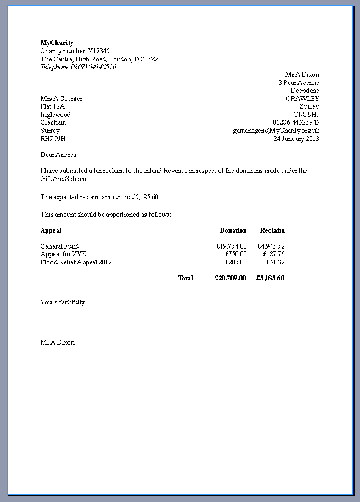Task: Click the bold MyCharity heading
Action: click(57, 43)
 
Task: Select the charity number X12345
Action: click(99, 51)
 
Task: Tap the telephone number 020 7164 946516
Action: click(93, 67)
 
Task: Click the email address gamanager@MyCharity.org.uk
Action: click(275, 131)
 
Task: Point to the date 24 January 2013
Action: click(296, 139)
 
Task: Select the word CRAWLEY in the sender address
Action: click(302, 99)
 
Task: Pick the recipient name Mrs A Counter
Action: click(61, 99)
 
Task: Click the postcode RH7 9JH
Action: click(53, 139)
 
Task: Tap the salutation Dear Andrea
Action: click(58, 155)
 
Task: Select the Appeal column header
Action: click(51, 230)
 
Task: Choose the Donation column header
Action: click(233, 230)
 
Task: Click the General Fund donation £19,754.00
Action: click(231, 246)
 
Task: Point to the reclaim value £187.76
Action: click(273, 254)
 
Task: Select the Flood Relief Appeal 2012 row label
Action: click(76, 262)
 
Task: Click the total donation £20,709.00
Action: click(230, 278)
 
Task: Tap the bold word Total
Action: click(185, 278)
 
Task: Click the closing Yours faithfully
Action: click(63, 302)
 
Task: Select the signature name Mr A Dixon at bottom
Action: click(57, 342)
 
